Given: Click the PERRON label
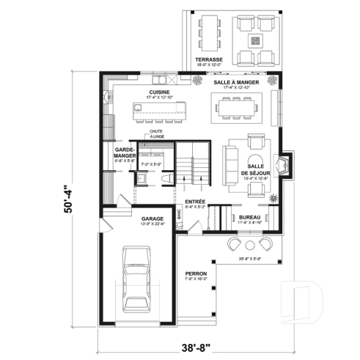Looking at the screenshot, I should pyautogui.click(x=196, y=274).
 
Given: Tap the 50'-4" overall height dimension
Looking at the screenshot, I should pyautogui.click(x=69, y=198).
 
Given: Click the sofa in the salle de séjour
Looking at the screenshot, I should pyautogui.click(x=229, y=164).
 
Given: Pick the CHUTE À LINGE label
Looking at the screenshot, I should pyautogui.click(x=156, y=134).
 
